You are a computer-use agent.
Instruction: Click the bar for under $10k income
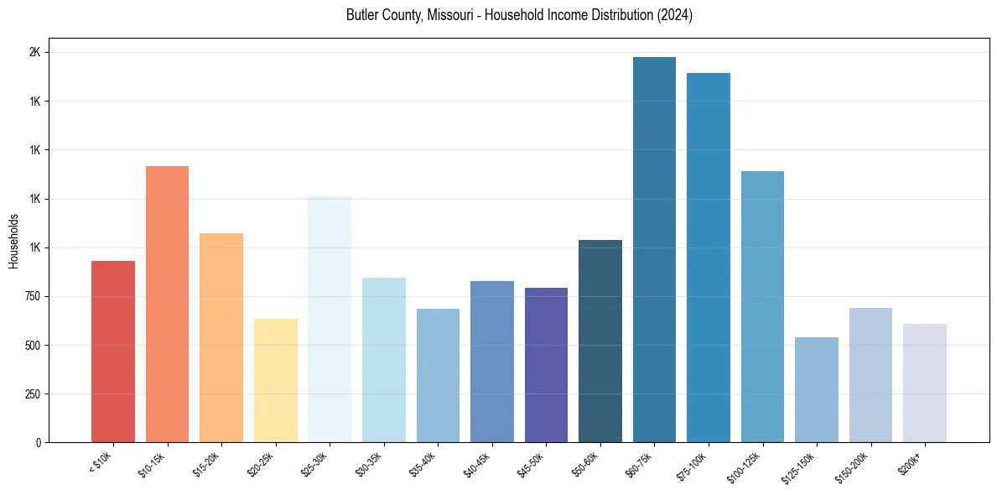click(x=112, y=352)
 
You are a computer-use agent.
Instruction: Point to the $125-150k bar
click(x=817, y=389)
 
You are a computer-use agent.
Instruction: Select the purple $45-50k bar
click(x=546, y=365)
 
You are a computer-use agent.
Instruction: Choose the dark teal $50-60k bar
click(x=600, y=341)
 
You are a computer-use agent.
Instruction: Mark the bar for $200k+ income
click(x=925, y=383)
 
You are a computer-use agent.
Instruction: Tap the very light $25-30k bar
click(x=330, y=319)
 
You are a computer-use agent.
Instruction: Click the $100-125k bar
click(x=762, y=306)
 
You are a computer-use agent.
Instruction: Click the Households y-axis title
click(x=13, y=241)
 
